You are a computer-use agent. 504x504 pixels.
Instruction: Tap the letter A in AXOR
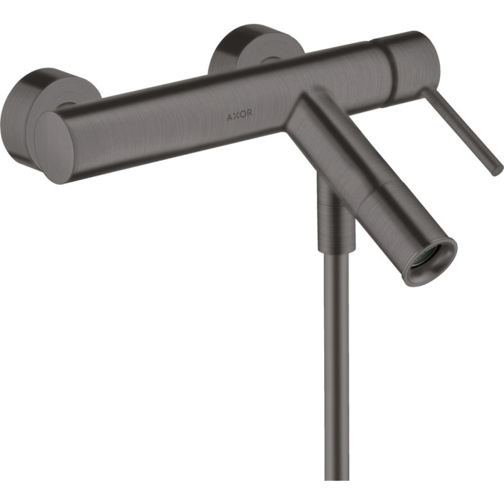tap(230, 117)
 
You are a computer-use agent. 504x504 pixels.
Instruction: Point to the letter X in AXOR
tap(236, 116)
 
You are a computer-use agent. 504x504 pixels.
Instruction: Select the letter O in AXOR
tap(243, 114)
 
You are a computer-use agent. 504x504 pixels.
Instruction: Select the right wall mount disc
tap(254, 48)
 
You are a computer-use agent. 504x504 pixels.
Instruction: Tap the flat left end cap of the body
tap(54, 148)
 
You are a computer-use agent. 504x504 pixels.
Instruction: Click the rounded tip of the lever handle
tap(498, 171)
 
